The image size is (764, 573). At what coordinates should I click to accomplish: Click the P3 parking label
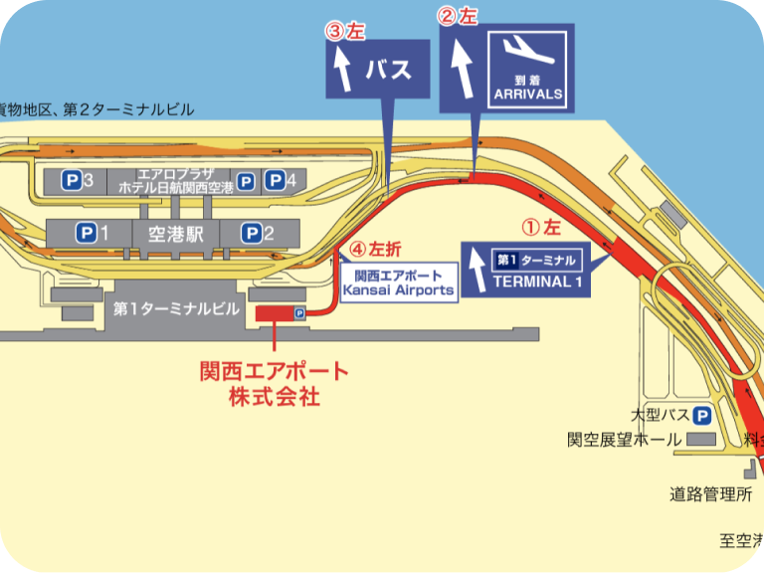(x=79, y=181)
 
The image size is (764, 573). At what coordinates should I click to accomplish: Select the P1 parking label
(x=93, y=234)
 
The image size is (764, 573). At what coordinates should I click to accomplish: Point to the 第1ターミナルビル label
(x=177, y=309)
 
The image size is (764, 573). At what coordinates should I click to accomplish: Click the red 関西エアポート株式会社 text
(x=275, y=383)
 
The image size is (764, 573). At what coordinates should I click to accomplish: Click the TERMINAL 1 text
(x=536, y=281)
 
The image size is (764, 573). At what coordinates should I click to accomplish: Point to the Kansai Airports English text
(x=398, y=290)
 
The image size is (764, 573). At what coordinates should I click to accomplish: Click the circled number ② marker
(x=449, y=16)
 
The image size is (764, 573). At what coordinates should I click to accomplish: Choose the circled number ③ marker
(x=334, y=30)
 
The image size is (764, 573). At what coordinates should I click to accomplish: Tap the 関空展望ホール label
(x=625, y=440)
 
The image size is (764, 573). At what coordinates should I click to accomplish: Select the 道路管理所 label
(x=709, y=493)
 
